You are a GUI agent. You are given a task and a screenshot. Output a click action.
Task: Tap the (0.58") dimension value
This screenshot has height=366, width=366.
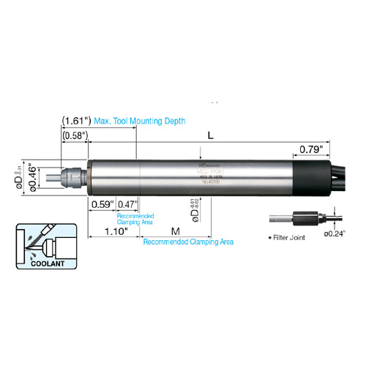coord(75,136)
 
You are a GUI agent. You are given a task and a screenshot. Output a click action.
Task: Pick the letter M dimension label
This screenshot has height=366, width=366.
coord(175,231)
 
